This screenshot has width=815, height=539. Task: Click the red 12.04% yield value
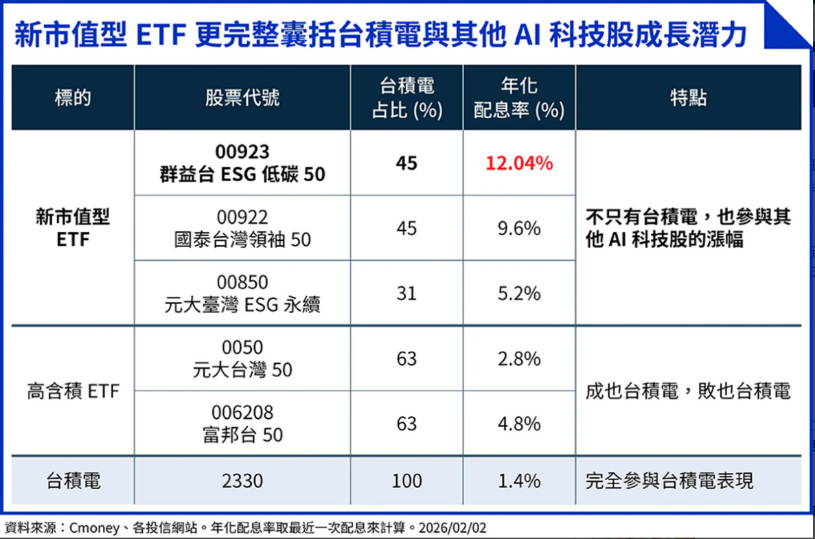tap(519, 163)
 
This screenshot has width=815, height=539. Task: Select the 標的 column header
tap(73, 98)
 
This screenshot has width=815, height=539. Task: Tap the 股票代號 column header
tap(242, 98)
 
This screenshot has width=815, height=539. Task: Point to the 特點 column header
tap(688, 98)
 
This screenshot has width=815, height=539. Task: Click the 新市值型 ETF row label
tap(73, 228)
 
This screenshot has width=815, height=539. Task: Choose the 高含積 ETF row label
tap(73, 391)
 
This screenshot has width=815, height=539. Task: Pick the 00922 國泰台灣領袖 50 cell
tap(242, 228)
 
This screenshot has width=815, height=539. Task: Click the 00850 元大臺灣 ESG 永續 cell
tap(242, 293)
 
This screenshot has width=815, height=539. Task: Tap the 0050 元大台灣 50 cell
tap(242, 358)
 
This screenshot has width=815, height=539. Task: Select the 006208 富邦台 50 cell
tap(242, 424)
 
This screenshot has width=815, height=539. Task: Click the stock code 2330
tap(242, 481)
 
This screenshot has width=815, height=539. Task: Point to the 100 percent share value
tap(406, 481)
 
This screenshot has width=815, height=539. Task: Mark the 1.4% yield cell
tap(519, 481)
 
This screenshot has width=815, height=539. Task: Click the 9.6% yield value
tap(519, 228)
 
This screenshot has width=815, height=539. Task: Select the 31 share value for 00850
tap(406, 293)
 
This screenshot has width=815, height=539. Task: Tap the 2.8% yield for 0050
tap(519, 358)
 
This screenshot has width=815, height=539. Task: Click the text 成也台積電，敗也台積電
tap(688, 391)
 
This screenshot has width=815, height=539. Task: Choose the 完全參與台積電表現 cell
tap(669, 481)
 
